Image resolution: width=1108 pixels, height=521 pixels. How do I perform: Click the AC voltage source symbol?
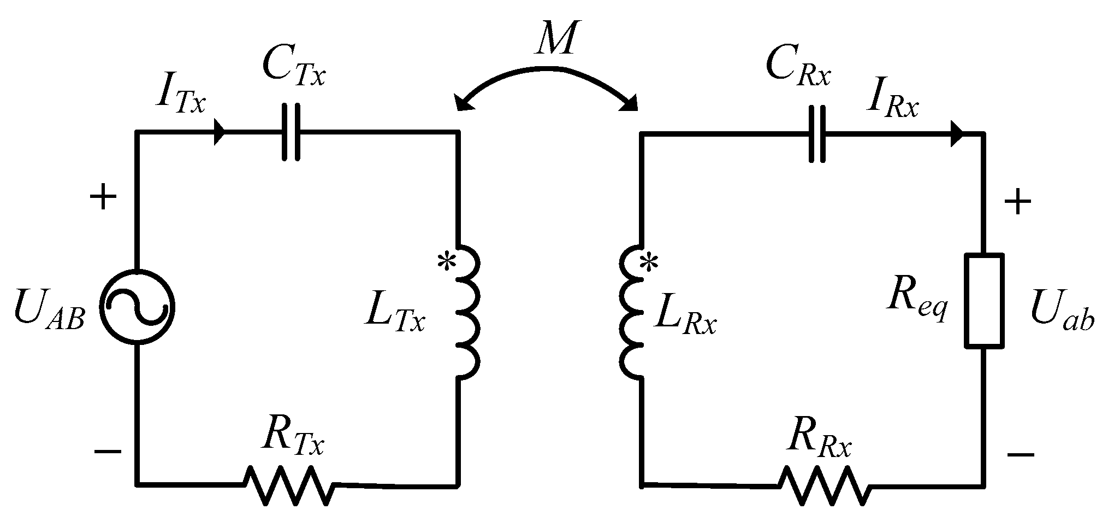137,307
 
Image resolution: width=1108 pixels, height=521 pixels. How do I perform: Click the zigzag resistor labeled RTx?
289,484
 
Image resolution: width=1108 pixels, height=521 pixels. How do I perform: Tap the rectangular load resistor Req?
985,300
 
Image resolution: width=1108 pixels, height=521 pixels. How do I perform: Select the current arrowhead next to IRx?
956,133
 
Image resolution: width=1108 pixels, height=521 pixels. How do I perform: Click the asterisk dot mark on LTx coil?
447,262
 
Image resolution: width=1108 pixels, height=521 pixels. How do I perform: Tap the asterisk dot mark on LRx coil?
649,264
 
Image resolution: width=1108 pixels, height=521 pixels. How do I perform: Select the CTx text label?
293,67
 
